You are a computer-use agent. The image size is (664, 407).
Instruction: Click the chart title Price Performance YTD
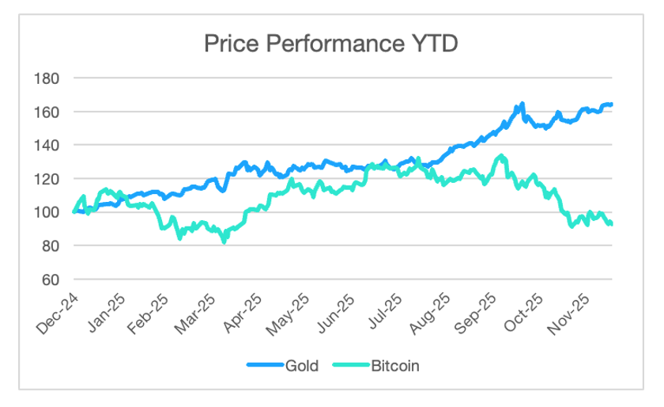330,44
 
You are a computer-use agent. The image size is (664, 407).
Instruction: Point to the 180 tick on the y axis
47,78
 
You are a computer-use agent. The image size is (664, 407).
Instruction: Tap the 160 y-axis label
47,112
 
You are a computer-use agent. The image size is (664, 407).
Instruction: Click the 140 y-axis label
47,146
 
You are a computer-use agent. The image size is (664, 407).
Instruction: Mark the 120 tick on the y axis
47,179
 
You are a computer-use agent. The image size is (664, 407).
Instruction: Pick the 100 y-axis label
47,212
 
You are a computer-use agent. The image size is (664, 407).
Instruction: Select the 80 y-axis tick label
50,246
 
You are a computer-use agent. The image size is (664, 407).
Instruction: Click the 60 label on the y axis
50,280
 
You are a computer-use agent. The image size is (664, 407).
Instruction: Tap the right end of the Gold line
613,105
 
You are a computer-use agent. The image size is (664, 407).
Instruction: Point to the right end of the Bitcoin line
612,224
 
